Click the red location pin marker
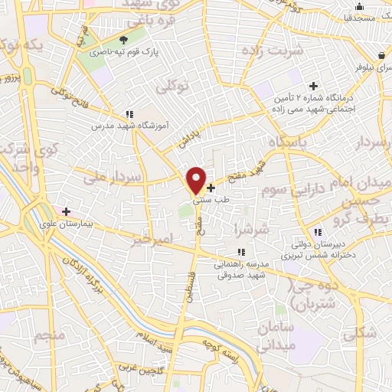click(x=197, y=180)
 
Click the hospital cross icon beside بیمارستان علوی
click(x=67, y=211)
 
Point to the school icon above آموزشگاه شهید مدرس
click(x=131, y=113)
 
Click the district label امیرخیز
click(x=153, y=239)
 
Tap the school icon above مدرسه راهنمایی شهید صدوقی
click(x=241, y=251)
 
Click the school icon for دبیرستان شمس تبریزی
click(x=317, y=233)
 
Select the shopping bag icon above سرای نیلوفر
click(x=382, y=54)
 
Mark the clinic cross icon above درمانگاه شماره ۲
click(x=312, y=86)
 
